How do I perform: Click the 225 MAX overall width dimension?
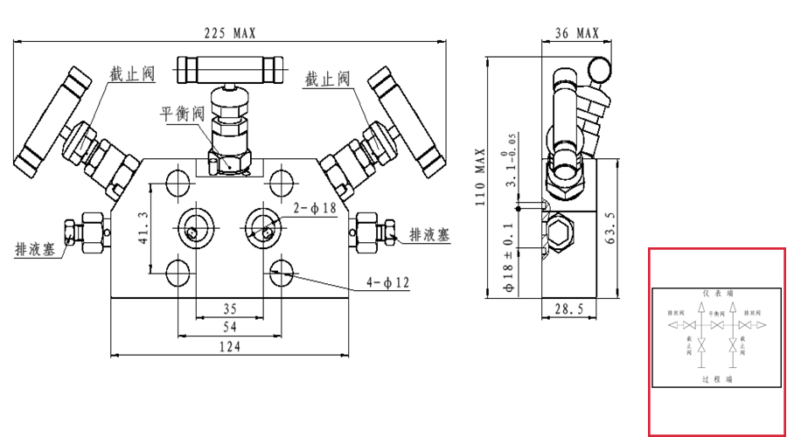(x=229, y=32)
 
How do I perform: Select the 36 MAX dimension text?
(x=577, y=32)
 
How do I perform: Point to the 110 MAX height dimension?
(x=479, y=175)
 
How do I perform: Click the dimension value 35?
(x=230, y=308)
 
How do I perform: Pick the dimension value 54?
(x=230, y=326)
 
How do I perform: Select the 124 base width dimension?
(x=229, y=346)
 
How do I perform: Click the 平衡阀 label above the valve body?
(x=182, y=113)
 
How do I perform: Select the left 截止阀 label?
(x=132, y=73)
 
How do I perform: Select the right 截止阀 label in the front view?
(x=327, y=79)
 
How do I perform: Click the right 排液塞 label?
(x=430, y=234)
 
